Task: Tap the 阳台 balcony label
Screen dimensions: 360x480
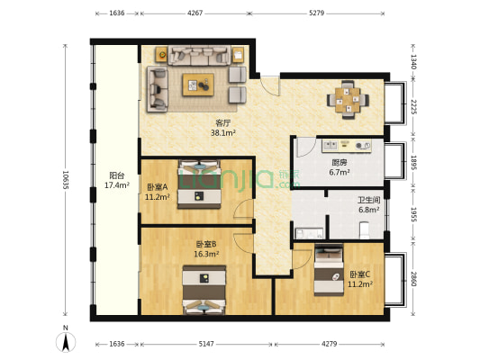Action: tap(117, 175)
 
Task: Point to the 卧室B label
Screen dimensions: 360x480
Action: tap(206, 244)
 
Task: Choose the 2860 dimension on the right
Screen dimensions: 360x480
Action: tap(414, 278)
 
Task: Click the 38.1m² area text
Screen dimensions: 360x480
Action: tap(223, 132)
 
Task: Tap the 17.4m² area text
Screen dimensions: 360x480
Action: tap(117, 185)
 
